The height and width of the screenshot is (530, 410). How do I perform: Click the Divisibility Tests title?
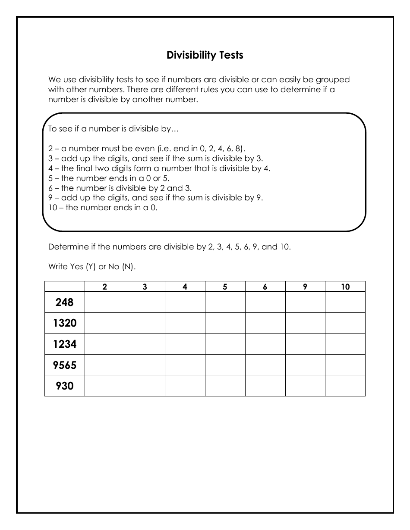[205, 55]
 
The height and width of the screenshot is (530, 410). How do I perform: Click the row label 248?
[65, 302]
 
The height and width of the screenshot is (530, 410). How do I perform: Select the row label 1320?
[65, 323]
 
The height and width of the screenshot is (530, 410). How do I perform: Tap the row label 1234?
[65, 344]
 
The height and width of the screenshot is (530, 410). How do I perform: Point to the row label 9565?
[65, 365]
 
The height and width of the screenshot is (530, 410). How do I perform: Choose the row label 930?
[65, 386]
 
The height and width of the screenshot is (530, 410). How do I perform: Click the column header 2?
[105, 287]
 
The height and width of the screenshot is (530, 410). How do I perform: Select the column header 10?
[345, 287]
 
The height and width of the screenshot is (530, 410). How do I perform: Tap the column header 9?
[305, 287]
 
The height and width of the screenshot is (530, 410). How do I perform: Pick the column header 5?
[225, 287]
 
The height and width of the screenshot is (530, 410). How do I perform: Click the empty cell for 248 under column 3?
[145, 302]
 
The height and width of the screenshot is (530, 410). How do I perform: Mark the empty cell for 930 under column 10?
[345, 386]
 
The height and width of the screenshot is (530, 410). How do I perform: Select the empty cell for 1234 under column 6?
[265, 344]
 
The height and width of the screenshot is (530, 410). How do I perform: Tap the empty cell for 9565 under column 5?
[225, 365]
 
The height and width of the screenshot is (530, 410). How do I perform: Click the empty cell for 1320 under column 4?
[185, 323]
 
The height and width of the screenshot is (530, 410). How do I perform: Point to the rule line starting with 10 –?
[103, 208]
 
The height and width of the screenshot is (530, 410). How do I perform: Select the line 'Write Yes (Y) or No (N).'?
[92, 267]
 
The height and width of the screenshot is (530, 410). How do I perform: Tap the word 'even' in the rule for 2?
[145, 149]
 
